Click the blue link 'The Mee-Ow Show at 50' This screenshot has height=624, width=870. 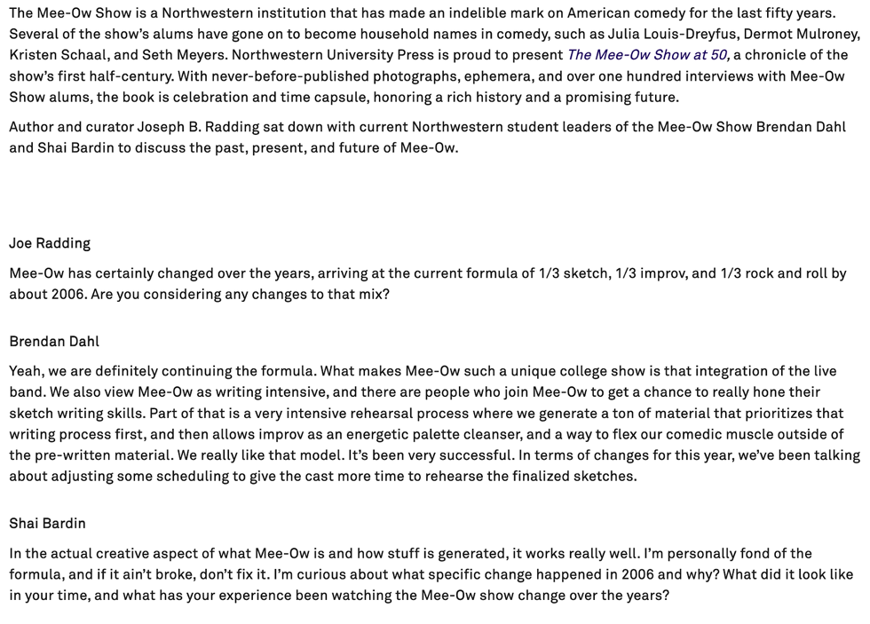pyautogui.click(x=647, y=55)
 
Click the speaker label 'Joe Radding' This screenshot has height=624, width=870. pyautogui.click(x=50, y=243)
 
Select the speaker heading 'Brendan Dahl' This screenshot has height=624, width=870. pyautogui.click(x=54, y=341)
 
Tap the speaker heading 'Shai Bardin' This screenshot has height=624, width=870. pyautogui.click(x=48, y=523)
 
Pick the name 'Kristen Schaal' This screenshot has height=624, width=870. pyautogui.click(x=56, y=55)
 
